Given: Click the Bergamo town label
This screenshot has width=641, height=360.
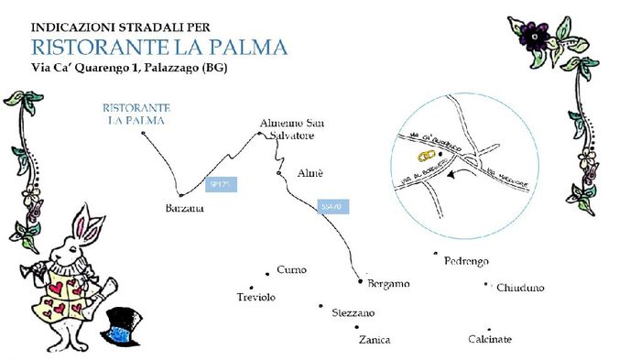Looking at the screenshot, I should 388,284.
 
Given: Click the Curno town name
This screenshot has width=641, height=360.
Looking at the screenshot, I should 291,270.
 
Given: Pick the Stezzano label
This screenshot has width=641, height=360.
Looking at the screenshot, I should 353,312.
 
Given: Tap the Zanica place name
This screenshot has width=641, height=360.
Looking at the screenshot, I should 374,340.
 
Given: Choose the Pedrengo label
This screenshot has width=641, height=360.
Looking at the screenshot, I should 467,261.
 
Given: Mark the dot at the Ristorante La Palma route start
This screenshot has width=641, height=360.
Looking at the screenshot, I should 145,134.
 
